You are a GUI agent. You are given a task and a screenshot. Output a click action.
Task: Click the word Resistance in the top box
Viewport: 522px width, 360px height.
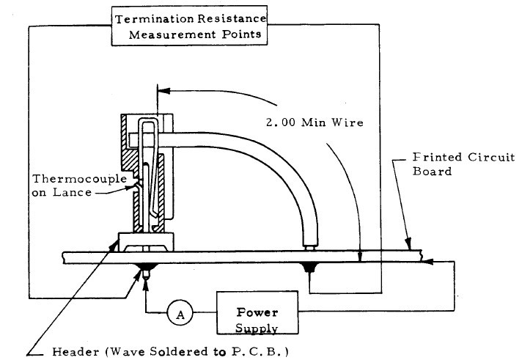pyautogui.click(x=229, y=18)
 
